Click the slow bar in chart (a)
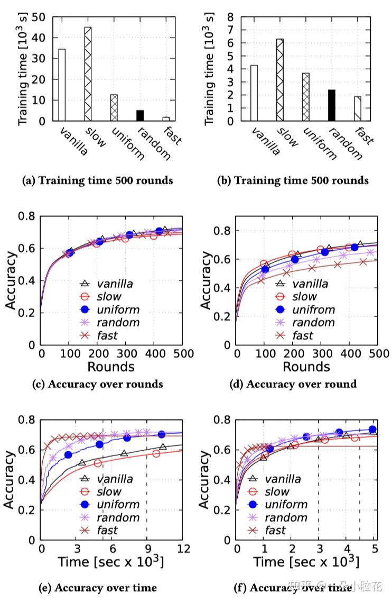point(88,74)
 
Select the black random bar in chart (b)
point(332,105)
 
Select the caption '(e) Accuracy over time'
point(97,587)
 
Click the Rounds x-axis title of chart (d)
point(307,367)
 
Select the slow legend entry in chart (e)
point(109,492)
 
